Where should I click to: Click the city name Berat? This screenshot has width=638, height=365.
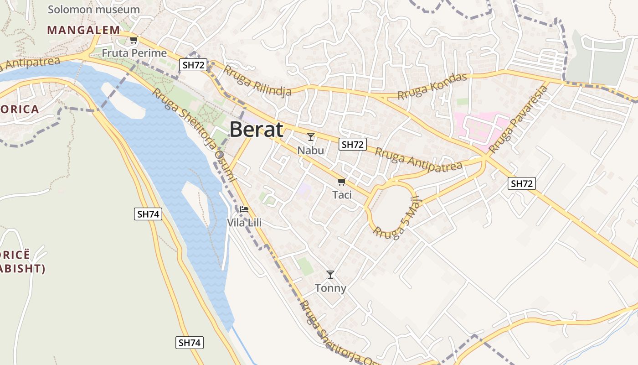tap(256, 130)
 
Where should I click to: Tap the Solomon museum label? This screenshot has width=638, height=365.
tap(93, 9)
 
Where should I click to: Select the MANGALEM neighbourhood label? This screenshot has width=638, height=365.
tap(83, 30)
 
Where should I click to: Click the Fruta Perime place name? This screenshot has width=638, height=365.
tap(134, 53)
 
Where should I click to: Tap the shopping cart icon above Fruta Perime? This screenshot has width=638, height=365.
tap(134, 40)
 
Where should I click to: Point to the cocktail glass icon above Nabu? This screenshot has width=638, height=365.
tap(311, 136)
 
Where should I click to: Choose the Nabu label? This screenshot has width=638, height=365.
tap(310, 150)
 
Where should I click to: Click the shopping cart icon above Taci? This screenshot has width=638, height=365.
tap(341, 182)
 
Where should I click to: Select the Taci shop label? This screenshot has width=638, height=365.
tap(342, 195)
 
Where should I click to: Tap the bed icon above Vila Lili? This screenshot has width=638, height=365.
tap(244, 209)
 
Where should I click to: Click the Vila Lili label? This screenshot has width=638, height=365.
tap(244, 223)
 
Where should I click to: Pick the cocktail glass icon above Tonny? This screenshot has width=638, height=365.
tap(330, 274)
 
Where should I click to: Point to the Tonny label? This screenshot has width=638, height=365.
tap(330, 288)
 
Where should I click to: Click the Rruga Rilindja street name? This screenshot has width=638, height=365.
tap(257, 82)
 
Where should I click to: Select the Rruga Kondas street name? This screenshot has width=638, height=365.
tap(432, 86)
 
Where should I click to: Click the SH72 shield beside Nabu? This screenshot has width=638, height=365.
tap(353, 145)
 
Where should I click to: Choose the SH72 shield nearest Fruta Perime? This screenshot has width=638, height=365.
tap(193, 65)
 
